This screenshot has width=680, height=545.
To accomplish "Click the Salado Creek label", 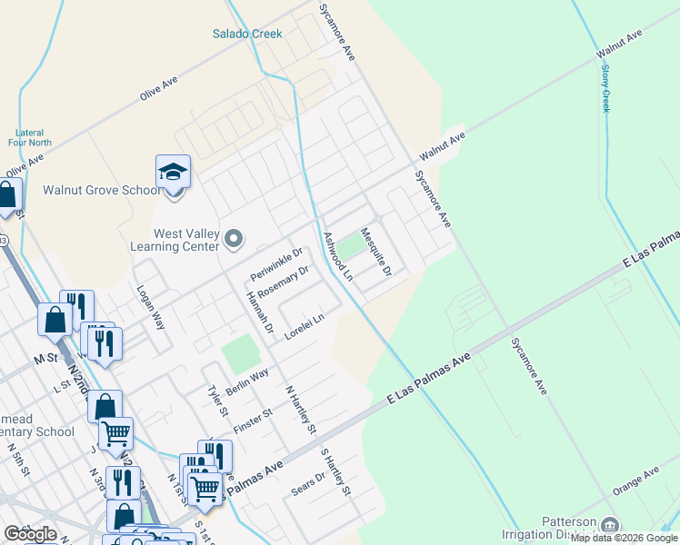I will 247,35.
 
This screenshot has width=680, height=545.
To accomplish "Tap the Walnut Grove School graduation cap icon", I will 173,171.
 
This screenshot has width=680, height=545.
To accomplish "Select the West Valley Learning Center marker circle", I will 235,240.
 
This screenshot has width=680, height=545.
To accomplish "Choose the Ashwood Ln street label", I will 338,256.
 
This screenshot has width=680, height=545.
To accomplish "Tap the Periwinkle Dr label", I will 276,263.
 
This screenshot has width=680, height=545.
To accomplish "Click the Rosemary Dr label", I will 284,282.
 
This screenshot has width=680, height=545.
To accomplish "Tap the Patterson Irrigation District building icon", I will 609,525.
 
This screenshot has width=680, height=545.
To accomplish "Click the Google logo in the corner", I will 29,534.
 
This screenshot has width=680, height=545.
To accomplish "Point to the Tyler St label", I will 215,400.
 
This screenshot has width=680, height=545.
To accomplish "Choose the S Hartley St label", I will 335,471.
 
